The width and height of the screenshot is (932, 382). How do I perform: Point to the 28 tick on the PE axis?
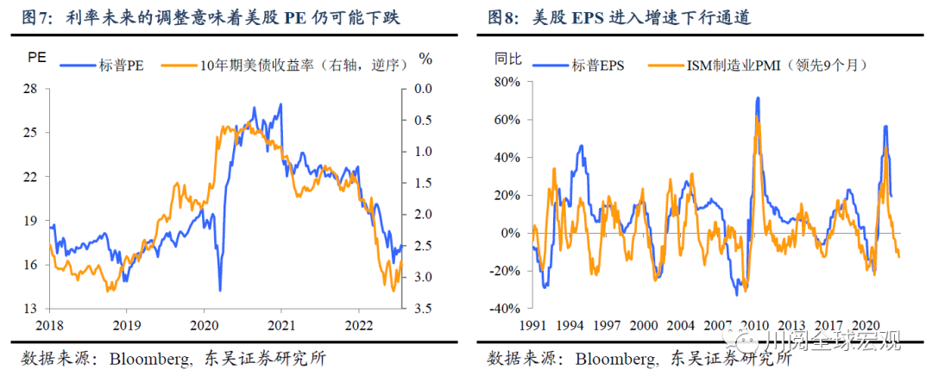click(x=30, y=89)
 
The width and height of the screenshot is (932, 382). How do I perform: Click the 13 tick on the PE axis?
click(x=30, y=309)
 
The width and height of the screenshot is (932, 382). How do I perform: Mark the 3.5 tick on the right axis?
click(x=423, y=309)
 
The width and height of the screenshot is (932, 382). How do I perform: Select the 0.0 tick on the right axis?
click(x=423, y=89)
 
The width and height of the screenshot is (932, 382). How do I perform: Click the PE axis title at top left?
click(x=36, y=59)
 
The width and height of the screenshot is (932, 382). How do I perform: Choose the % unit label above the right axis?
click(x=425, y=59)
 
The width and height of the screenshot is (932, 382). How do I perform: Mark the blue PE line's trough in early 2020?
click(x=220, y=290)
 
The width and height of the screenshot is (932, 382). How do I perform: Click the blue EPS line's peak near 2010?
click(x=757, y=98)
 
